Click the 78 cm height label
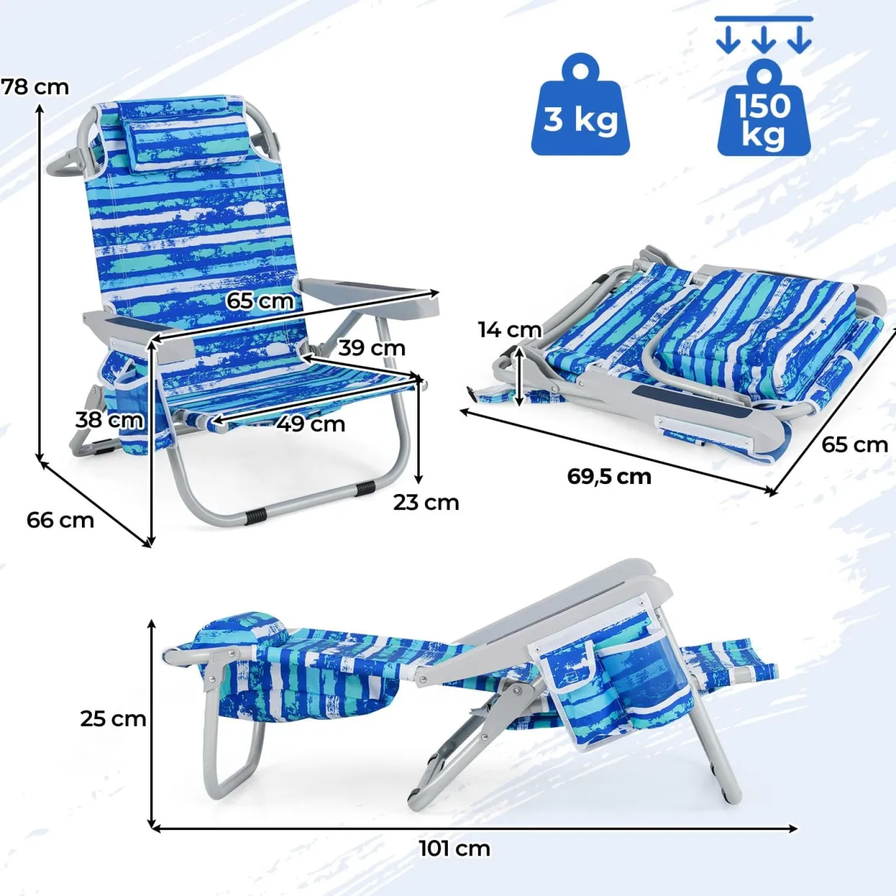(x=35, y=87)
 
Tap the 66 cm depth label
(x=60, y=520)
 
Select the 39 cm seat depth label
(x=371, y=348)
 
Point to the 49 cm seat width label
(x=312, y=424)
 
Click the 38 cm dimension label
(x=110, y=420)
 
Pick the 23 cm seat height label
(x=426, y=502)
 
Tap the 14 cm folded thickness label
(x=510, y=330)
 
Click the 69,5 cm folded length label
(x=609, y=476)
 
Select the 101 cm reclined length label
(x=454, y=849)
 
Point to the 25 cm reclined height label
(x=113, y=719)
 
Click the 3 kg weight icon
(x=580, y=105)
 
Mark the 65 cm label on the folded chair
(x=855, y=445)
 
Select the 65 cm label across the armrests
(x=260, y=300)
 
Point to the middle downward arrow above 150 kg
(x=764, y=40)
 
